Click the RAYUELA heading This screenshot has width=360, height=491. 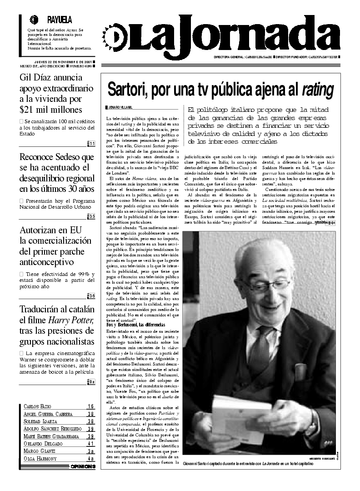(60, 20)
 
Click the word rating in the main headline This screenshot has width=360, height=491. (318, 89)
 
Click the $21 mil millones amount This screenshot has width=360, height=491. (50, 109)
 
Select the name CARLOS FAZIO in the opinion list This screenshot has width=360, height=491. (37, 406)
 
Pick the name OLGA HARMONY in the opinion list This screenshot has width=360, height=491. (40, 458)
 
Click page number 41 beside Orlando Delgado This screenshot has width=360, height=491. (90, 443)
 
